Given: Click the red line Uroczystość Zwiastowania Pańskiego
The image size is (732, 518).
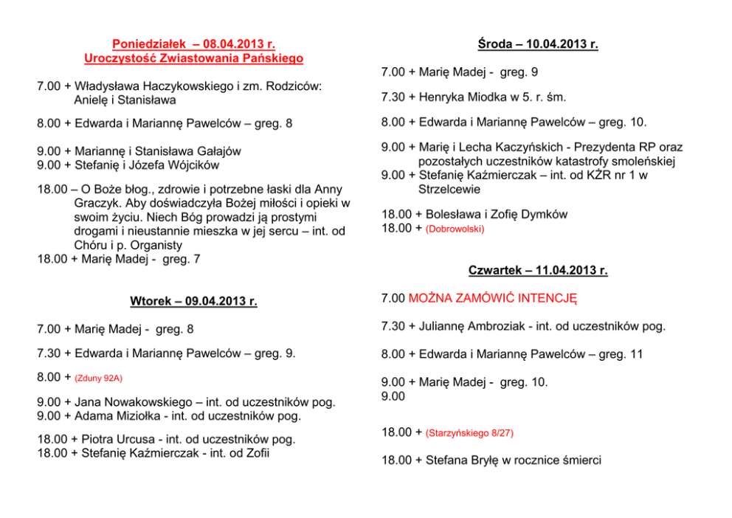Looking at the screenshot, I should (x=193, y=58).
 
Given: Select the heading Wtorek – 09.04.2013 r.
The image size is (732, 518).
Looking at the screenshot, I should (x=193, y=301).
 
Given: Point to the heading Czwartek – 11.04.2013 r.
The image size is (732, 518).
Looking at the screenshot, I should (x=538, y=270).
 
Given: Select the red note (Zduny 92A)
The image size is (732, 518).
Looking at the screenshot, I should (x=99, y=378).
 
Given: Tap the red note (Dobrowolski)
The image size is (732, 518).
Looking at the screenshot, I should (x=455, y=229).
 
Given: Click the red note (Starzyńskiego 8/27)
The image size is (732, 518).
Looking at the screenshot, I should (x=469, y=433).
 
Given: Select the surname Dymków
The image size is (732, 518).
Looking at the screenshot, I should (x=543, y=215).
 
